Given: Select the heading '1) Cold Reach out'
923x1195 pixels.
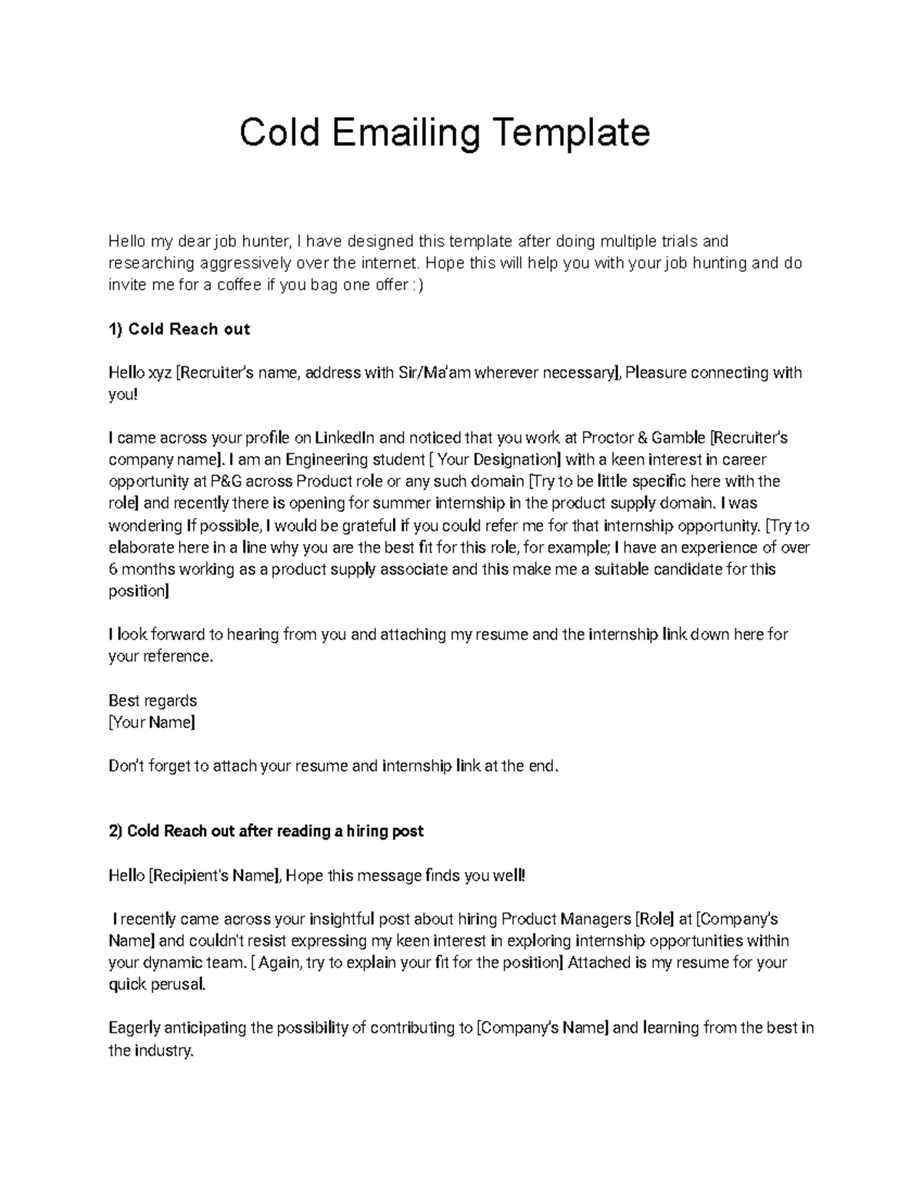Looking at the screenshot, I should coord(179,329).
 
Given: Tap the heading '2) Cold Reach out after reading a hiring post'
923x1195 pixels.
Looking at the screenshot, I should coord(266,831).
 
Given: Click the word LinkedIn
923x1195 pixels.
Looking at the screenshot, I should coord(345,438).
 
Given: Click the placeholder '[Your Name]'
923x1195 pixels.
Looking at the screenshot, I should coord(152,723).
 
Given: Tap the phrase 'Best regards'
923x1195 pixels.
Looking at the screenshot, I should coord(152,700).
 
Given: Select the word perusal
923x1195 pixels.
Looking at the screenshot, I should coord(179,984).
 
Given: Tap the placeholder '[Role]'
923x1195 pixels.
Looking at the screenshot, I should coord(655,919).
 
